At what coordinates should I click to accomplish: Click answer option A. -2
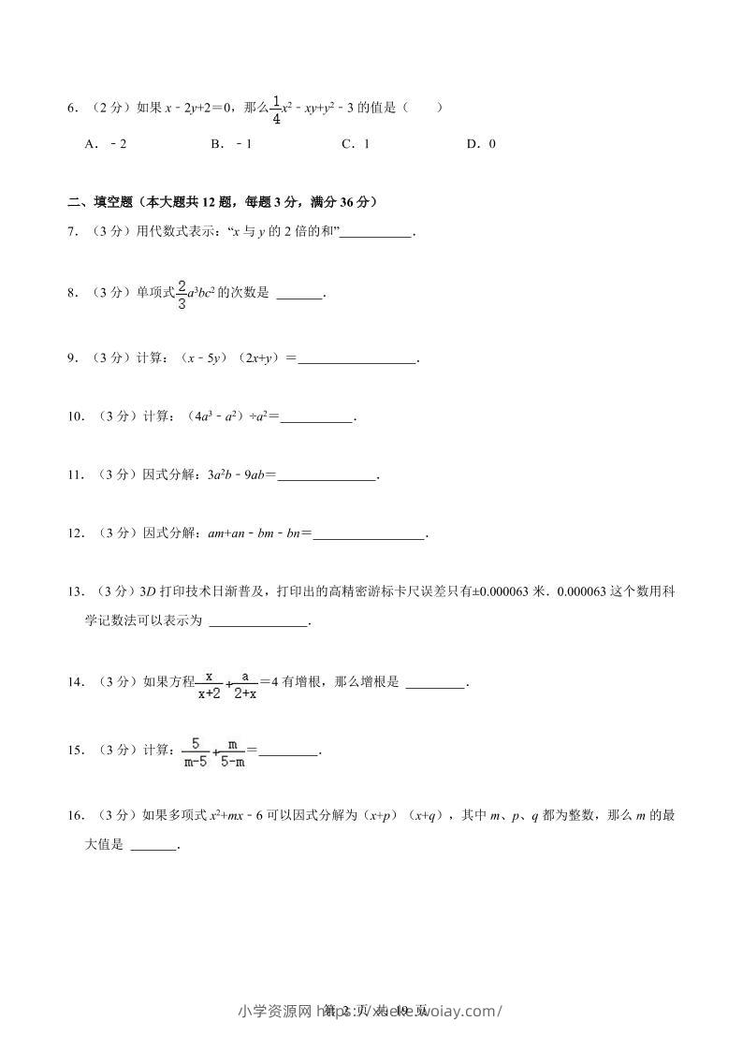point(105,143)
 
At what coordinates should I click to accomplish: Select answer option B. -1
point(232,143)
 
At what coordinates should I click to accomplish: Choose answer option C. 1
point(356,143)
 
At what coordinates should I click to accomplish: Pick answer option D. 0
point(481,143)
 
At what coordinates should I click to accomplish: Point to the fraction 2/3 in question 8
point(182,294)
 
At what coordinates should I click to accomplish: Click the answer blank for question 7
point(375,235)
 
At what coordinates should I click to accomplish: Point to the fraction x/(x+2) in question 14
point(210,684)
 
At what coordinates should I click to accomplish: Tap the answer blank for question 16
point(153,850)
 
